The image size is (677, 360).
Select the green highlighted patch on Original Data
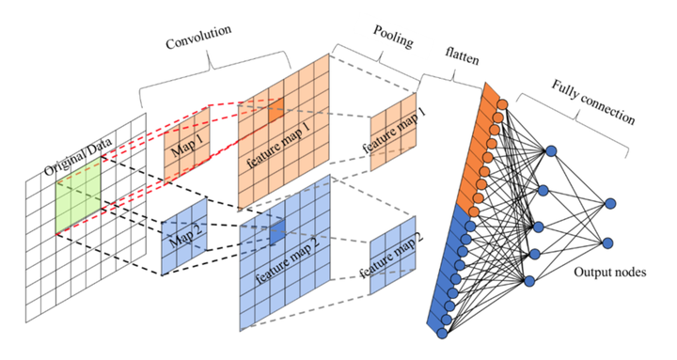pyautogui.click(x=77, y=196)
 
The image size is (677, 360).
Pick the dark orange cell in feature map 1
pyautogui.click(x=274, y=112)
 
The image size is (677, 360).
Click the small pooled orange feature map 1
pyautogui.click(x=392, y=132)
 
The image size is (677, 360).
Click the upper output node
pyautogui.click(x=610, y=203)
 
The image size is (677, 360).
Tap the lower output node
pyautogui.click(x=610, y=243)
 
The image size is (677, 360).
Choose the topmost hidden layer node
pyautogui.click(x=550, y=150)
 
